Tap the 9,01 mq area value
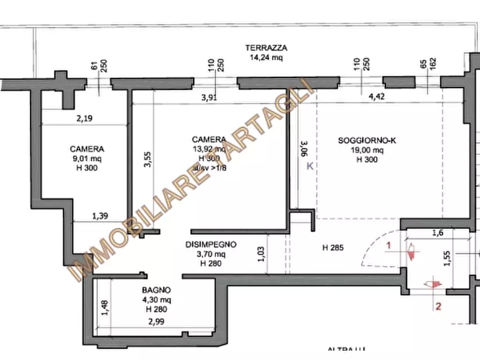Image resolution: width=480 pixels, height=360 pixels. pyautogui.click(x=87, y=159)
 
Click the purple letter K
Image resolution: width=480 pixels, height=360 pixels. pyautogui.click(x=310, y=167)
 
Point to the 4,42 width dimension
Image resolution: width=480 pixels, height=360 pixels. pyautogui.click(x=377, y=97)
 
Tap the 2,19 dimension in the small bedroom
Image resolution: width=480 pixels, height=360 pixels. pyautogui.click(x=84, y=119)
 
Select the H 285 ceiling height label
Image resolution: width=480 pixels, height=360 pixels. pyautogui.click(x=333, y=248)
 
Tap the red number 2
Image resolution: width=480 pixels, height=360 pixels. pyautogui.click(x=438, y=307)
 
